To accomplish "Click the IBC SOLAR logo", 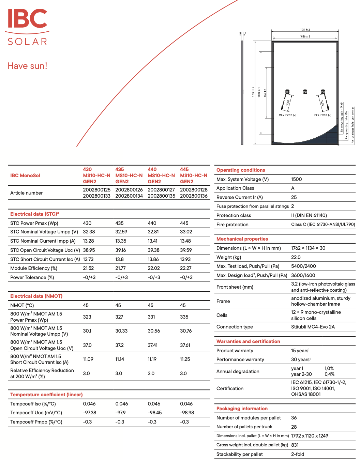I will (x=27, y=27).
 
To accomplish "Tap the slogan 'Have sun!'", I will (x=27, y=66).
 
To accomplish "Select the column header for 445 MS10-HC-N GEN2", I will (x=193, y=175).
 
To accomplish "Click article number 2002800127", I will (x=161, y=190).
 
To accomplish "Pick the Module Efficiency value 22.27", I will (x=186, y=268).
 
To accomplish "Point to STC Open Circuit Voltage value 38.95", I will (x=89, y=250).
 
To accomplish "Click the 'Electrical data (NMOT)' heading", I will (x=36, y=296).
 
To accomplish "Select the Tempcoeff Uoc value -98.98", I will (x=187, y=413).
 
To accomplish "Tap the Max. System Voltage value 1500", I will (x=296, y=179).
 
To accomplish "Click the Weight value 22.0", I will (x=296, y=257).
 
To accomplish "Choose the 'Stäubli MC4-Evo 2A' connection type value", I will (x=313, y=327).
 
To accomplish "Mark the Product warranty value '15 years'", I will (x=300, y=351).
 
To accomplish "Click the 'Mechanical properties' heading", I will (x=242, y=239).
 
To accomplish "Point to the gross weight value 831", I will (x=295, y=445).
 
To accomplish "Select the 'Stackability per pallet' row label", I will (x=239, y=454).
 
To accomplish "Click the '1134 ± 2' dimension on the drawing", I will (x=305, y=30).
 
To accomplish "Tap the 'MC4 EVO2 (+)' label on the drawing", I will (x=287, y=115).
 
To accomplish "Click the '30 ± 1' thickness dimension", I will (x=242, y=33).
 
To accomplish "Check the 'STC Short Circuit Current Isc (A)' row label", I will (x=45, y=259).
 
